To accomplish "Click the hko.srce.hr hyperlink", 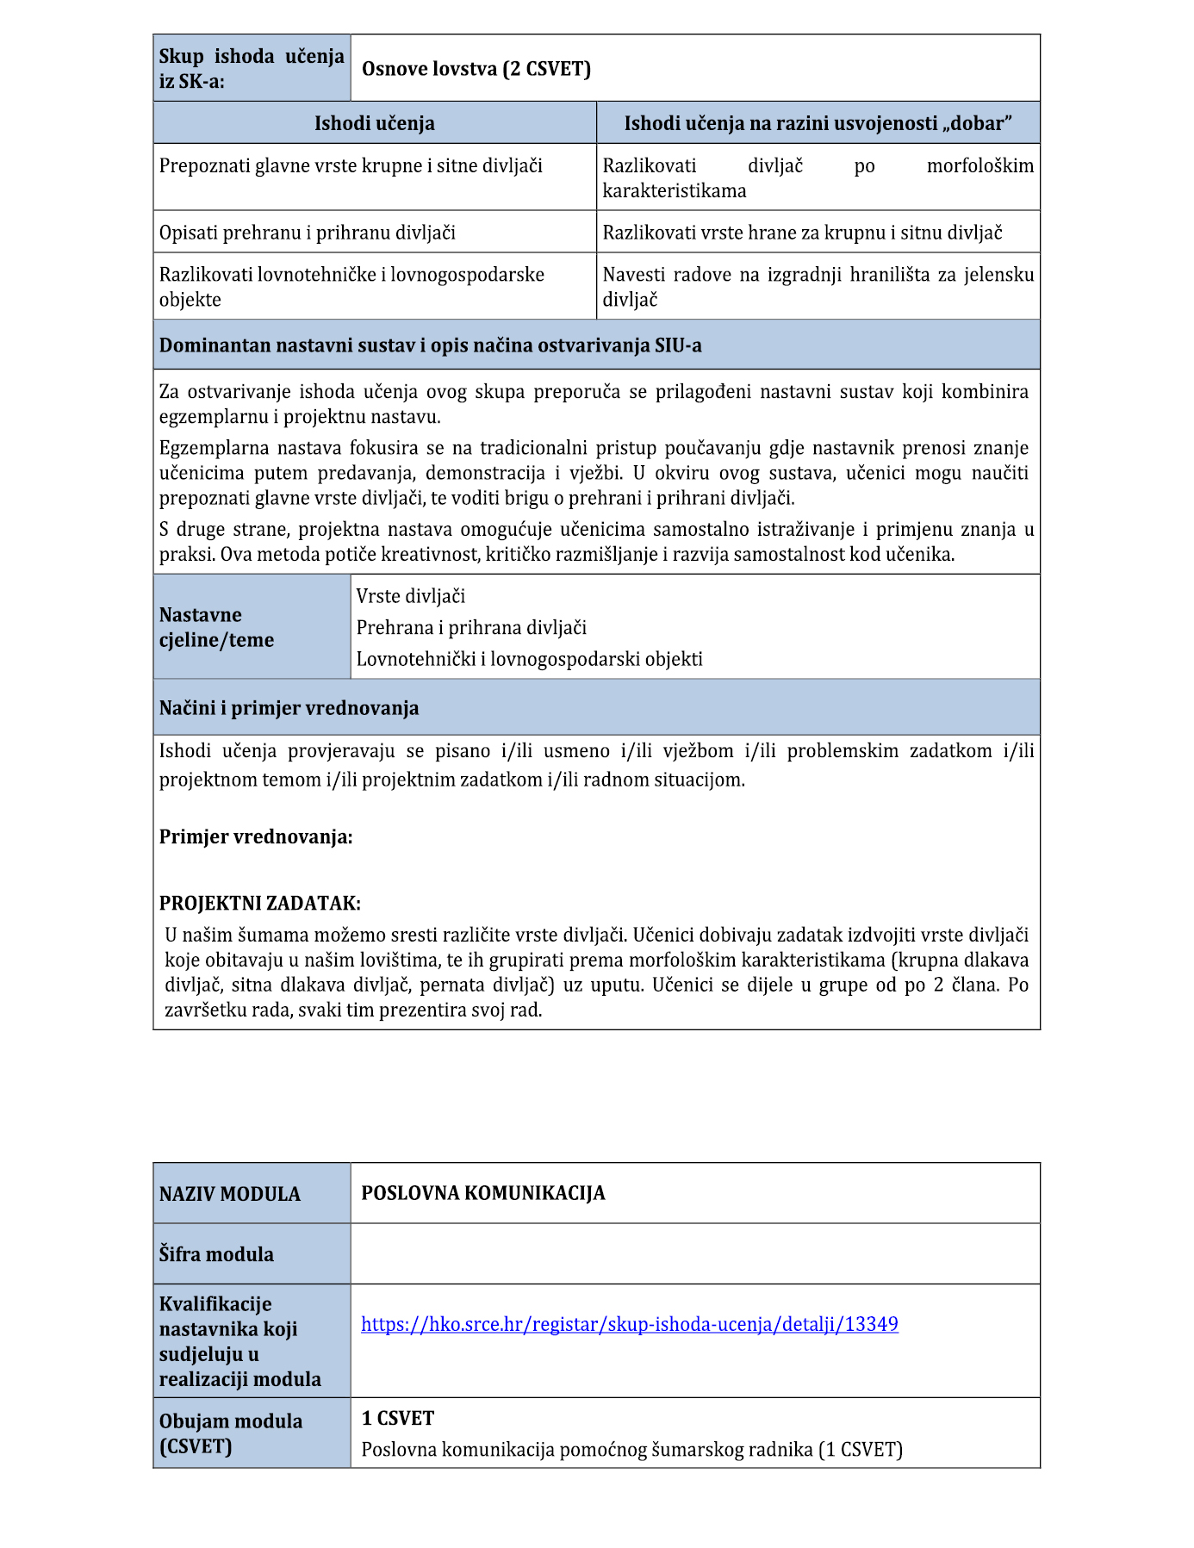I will coord(629,1324).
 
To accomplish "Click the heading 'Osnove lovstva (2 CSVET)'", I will coord(476,69).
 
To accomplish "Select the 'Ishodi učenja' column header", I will coord(374,123).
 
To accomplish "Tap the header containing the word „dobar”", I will coord(818,123).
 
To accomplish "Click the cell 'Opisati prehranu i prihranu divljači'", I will coord(308,233).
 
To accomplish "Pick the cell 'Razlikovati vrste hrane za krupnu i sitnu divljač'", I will coord(802,233).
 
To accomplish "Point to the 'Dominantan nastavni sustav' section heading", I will coord(430,345).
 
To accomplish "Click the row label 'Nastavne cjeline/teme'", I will coord(216,627).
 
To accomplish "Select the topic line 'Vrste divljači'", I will coord(411,596).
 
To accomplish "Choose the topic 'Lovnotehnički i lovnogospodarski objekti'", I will coord(529,659).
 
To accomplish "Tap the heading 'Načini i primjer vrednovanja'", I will coord(289,708).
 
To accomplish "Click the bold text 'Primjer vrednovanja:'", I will coord(256,836).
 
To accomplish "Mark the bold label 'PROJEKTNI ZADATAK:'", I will coord(259,903).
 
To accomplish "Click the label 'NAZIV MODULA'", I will coord(230,1194).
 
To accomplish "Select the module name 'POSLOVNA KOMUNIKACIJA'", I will coord(482,1193).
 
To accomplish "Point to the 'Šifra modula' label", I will coord(216,1254).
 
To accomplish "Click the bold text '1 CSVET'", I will coord(397,1418).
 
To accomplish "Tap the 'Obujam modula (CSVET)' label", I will coord(230,1433).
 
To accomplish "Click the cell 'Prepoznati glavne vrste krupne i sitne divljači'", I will coord(351,165).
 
